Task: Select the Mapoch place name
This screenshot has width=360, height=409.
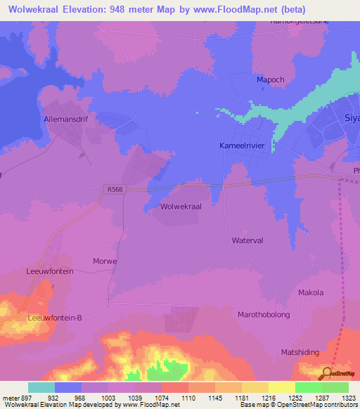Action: [x=271, y=80]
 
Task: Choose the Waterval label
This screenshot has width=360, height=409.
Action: [x=247, y=240]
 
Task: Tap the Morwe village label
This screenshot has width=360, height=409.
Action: [x=105, y=261]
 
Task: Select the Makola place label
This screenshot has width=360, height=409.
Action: [x=311, y=292]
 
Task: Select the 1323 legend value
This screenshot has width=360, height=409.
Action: [x=335, y=398]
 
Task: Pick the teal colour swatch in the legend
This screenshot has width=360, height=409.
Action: [x=41, y=387]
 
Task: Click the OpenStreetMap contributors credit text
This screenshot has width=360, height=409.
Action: [x=297, y=405]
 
